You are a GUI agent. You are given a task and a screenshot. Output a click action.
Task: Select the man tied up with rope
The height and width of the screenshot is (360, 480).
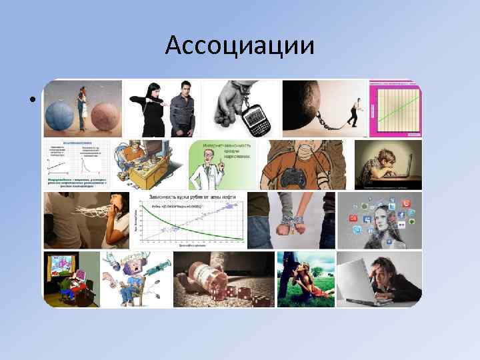click(x=181, y=110)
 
